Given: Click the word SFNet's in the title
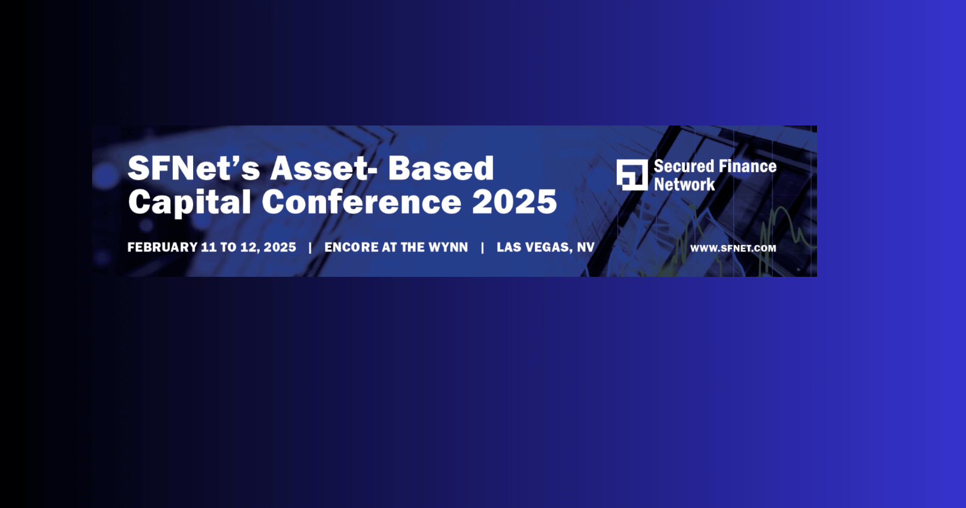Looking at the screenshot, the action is click(194, 168).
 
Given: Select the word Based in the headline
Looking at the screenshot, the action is click(441, 168).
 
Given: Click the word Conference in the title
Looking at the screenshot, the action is click(361, 202).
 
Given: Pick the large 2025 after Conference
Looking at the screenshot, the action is click(515, 202).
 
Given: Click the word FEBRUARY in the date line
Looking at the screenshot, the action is click(162, 247).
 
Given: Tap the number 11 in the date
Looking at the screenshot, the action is click(209, 247).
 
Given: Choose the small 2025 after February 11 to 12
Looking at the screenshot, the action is click(280, 247).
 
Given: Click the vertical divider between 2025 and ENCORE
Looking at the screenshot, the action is click(310, 247).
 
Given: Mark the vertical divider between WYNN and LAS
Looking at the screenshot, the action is click(482, 247).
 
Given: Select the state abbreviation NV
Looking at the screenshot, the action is click(586, 247).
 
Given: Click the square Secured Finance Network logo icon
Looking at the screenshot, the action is click(632, 175).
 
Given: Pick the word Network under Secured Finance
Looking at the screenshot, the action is click(684, 184).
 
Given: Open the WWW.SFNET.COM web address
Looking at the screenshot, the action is click(733, 248).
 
